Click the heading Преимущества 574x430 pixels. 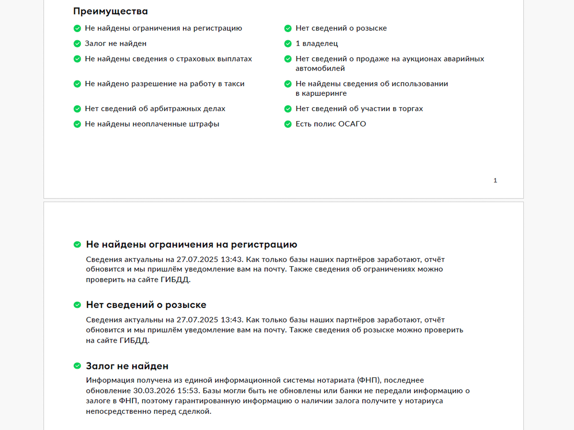coord(110,11)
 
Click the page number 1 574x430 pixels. coord(495,180)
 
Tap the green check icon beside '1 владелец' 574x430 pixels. coord(288,44)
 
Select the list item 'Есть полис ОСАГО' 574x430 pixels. coord(330,124)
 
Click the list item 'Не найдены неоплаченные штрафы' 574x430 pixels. coord(152,124)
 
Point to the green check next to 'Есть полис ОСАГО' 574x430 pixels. coord(288,124)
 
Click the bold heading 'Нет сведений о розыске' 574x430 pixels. coord(146,305)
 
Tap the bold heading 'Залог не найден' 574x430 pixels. coord(127,366)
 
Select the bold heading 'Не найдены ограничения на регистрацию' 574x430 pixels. coord(191,245)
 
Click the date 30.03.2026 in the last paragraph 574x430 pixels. coord(154,391)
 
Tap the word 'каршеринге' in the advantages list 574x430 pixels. coord(324,93)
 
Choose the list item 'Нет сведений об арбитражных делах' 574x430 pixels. coord(155,109)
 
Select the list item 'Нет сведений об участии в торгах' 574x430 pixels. coord(359,109)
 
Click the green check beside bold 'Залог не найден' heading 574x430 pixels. coord(77,366)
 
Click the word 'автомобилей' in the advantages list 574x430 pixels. coord(320,69)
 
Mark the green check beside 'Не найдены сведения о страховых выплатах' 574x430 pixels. coord(77,59)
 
